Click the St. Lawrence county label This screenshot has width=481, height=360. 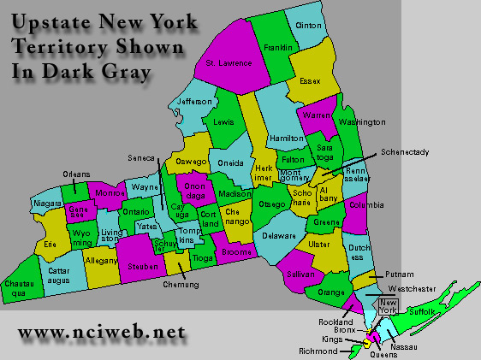[229, 63]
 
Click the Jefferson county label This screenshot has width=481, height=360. [194, 102]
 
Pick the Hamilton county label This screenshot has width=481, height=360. [286, 138]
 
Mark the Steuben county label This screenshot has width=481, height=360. [141, 266]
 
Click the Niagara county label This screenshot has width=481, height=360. [47, 204]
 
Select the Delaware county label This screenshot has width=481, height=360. [278, 235]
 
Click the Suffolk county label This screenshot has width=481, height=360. [422, 314]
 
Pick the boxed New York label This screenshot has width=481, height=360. [389, 308]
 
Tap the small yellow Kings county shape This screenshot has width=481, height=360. [367, 342]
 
